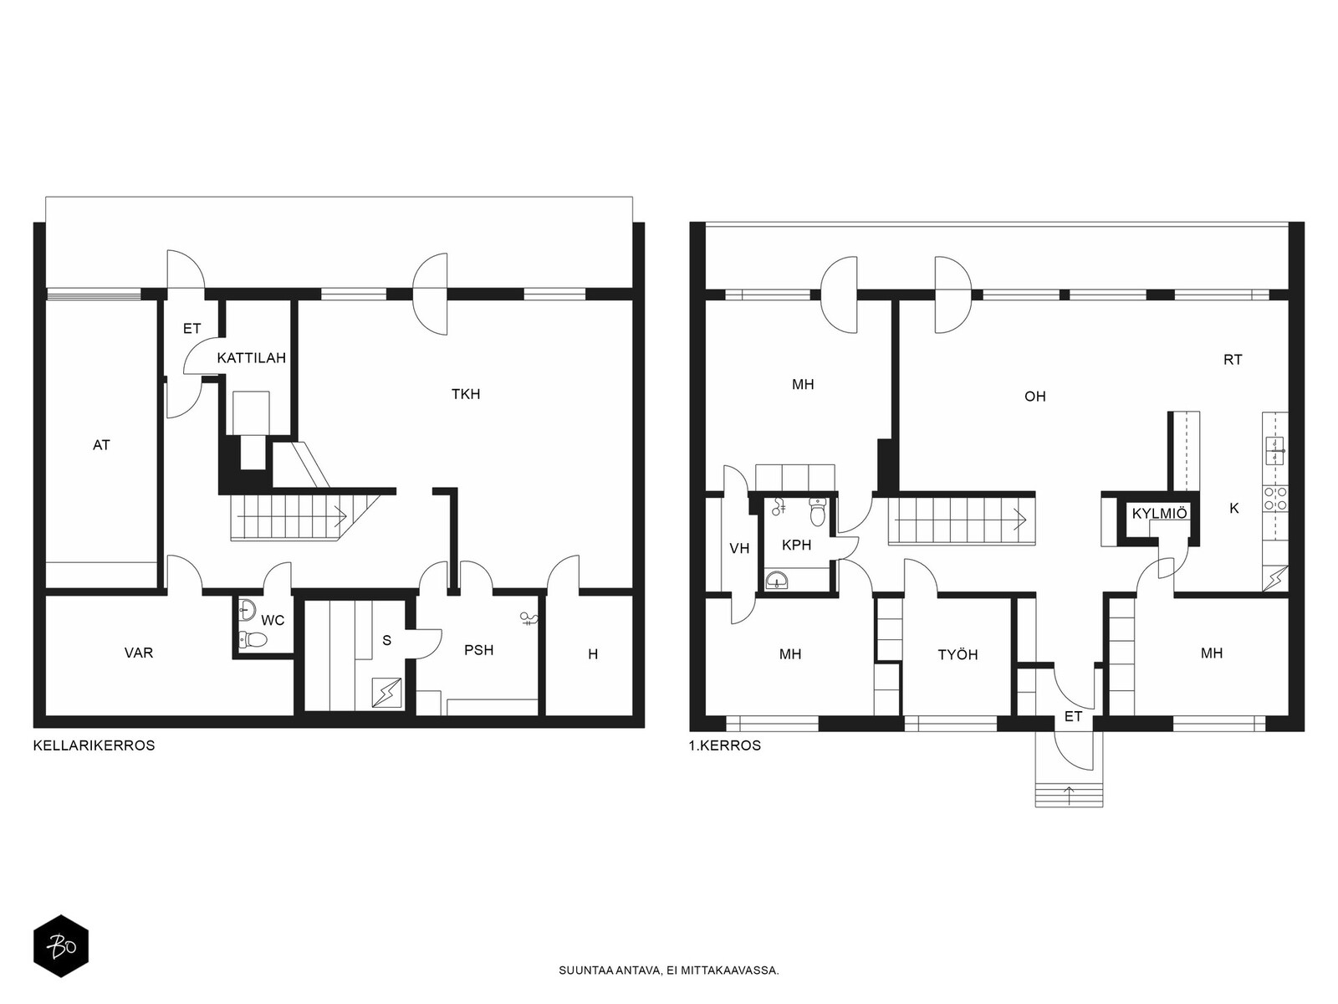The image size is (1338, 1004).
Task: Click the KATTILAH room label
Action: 251,358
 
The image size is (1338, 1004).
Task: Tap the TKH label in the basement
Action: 466,394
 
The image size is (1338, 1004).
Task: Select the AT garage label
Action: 101,445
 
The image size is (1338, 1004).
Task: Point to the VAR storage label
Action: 138,653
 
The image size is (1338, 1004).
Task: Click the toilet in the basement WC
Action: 253,639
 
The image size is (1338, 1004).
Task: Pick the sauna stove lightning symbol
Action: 387,693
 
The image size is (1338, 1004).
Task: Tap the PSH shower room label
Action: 478,650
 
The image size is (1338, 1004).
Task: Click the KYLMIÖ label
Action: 1159,513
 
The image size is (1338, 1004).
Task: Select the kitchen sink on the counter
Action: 1275,451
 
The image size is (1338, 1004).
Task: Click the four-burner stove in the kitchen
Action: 1276,498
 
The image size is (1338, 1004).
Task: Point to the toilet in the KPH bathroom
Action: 817,511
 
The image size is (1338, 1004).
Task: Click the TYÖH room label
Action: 958,655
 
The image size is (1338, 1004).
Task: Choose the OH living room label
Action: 1035,397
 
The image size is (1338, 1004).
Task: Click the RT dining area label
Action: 1233,361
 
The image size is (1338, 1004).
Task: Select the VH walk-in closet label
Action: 739,549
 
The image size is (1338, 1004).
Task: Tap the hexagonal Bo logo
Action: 61,946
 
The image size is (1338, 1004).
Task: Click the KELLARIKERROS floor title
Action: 94,745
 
